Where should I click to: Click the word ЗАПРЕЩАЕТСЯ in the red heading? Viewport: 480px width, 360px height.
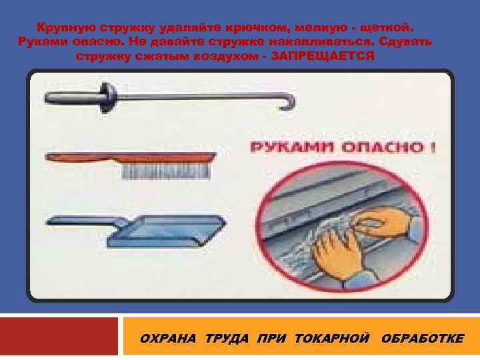pos(323,56)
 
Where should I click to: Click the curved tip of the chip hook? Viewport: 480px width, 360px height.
pos(289,103)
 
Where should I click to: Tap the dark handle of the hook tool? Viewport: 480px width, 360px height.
pos(73,98)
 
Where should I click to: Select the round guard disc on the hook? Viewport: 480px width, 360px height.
pos(108,97)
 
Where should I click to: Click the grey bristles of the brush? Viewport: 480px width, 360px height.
pos(166,171)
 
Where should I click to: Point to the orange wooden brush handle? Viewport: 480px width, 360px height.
pos(131,157)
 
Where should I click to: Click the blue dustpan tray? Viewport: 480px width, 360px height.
pos(167,231)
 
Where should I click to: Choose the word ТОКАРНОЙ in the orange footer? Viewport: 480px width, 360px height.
pos(332,339)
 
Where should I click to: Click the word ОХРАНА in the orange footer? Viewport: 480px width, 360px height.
pos(168,339)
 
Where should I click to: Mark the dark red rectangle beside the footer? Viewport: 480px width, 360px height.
pos(59,336)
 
